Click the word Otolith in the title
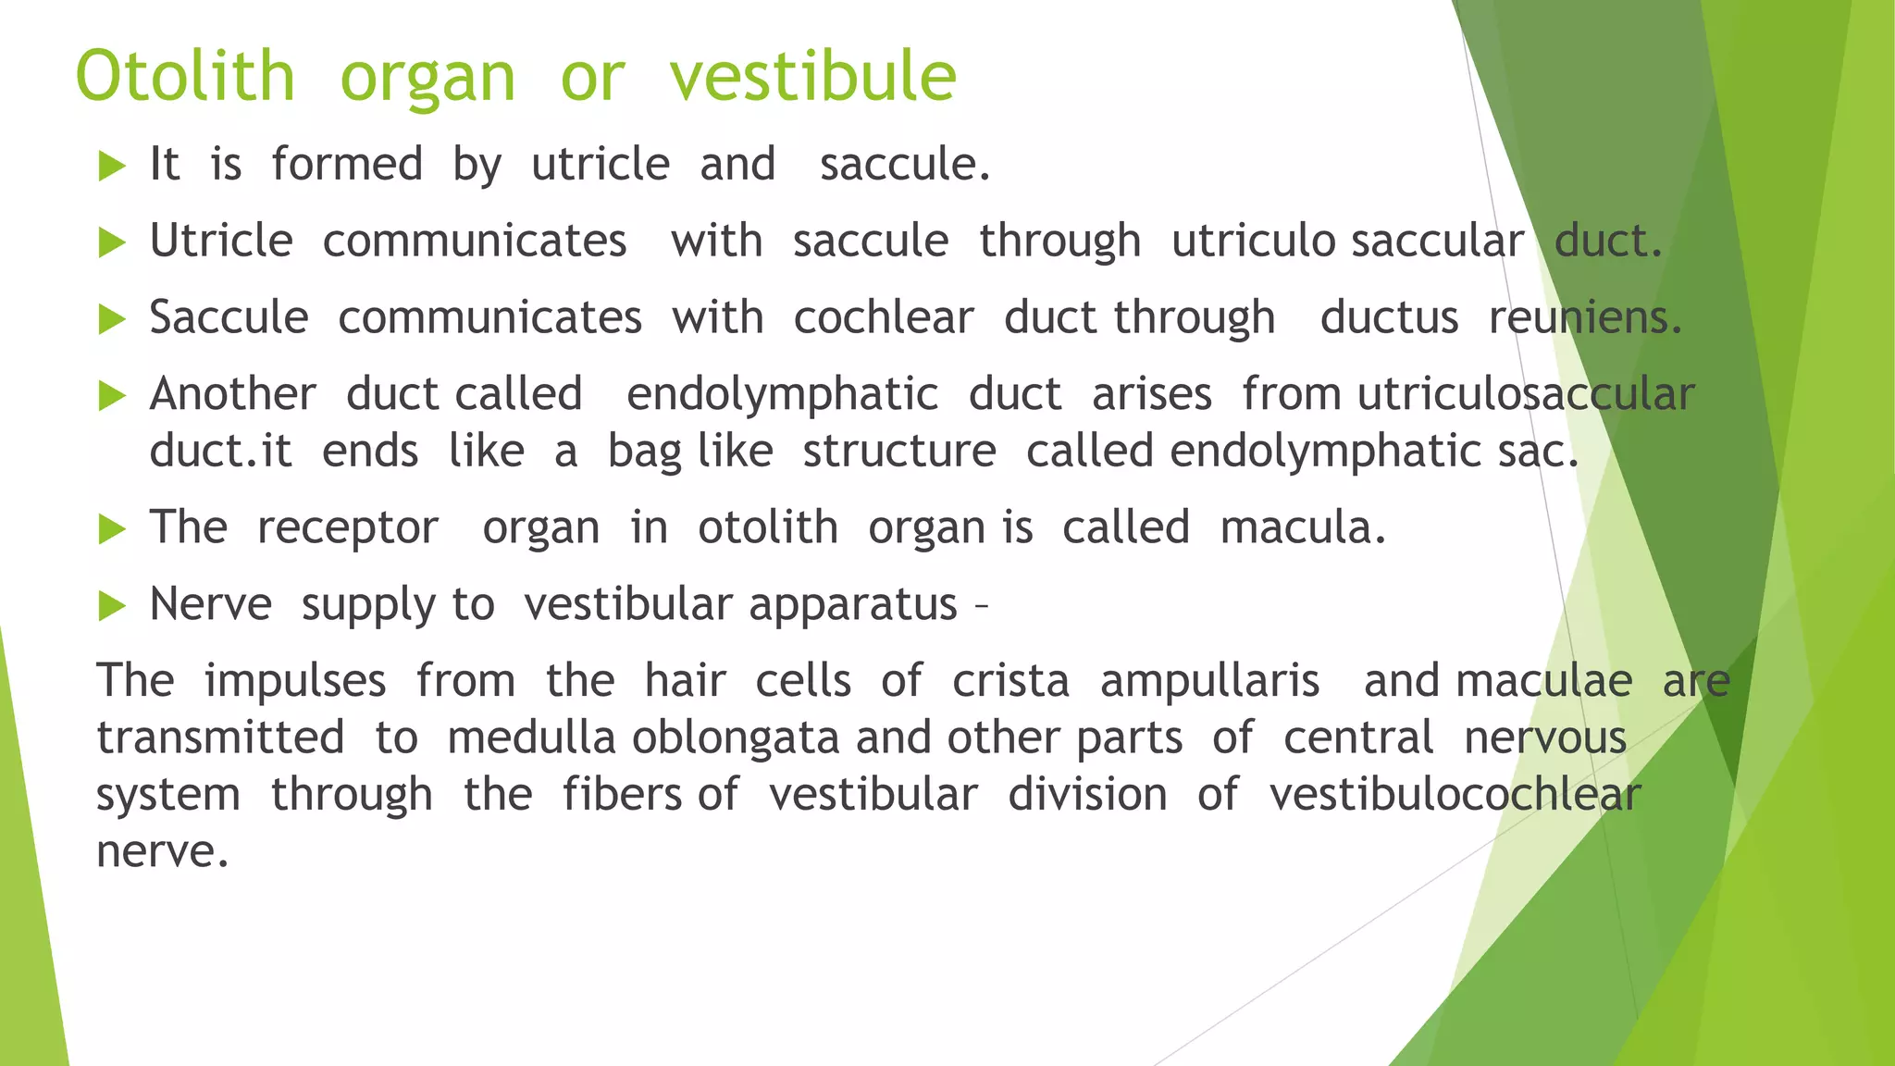coord(185,76)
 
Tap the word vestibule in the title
coord(812,76)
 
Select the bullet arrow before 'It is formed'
coord(112,167)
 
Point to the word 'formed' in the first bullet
coord(347,165)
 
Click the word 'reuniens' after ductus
coord(1584,318)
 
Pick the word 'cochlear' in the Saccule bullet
coord(884,318)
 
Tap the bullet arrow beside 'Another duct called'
coord(112,396)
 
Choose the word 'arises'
coord(1151,395)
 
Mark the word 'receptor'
coord(348,529)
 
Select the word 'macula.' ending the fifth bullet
coord(1303,528)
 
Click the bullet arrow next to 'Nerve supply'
coord(112,607)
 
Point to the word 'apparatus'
coord(852,606)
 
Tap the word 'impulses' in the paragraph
coord(295,681)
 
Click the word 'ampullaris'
coord(1209,682)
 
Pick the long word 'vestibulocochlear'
coord(1455,795)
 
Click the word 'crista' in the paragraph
coord(1010,681)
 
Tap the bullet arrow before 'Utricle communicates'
coord(112,243)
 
